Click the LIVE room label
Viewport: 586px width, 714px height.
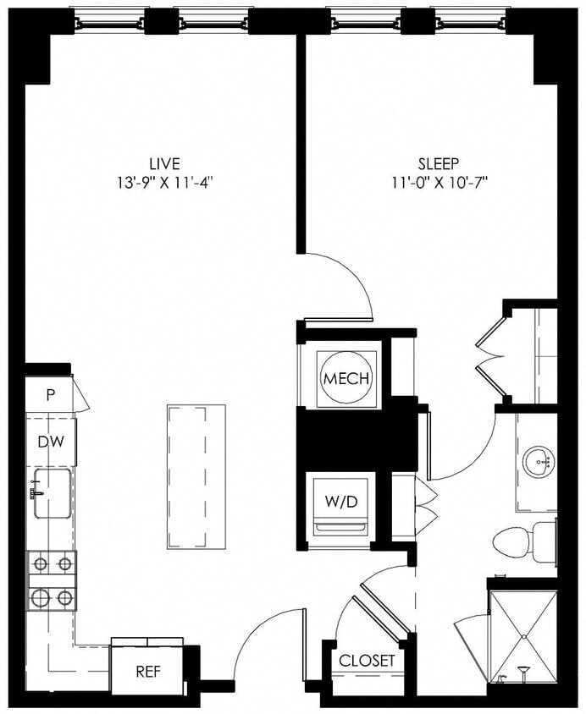point(164,163)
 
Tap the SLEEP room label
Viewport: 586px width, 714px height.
point(438,163)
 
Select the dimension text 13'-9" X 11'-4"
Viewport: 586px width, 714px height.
point(164,181)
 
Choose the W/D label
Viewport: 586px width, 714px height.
point(341,501)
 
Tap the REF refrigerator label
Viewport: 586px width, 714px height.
point(148,673)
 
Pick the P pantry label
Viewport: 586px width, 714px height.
point(50,394)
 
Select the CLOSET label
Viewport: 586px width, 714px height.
point(367,661)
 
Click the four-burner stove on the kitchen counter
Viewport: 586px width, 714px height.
point(52,580)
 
